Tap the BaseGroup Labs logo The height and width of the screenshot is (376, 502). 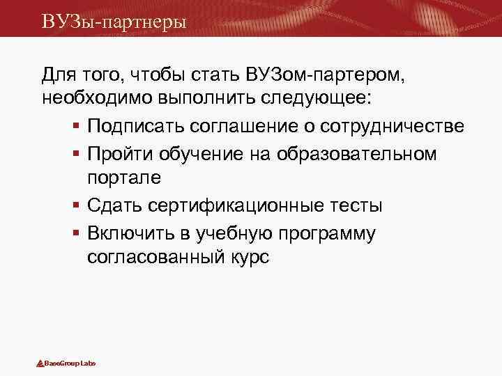(x=66, y=363)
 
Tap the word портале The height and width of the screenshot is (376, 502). (x=124, y=178)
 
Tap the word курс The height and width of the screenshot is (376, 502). (x=245, y=257)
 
